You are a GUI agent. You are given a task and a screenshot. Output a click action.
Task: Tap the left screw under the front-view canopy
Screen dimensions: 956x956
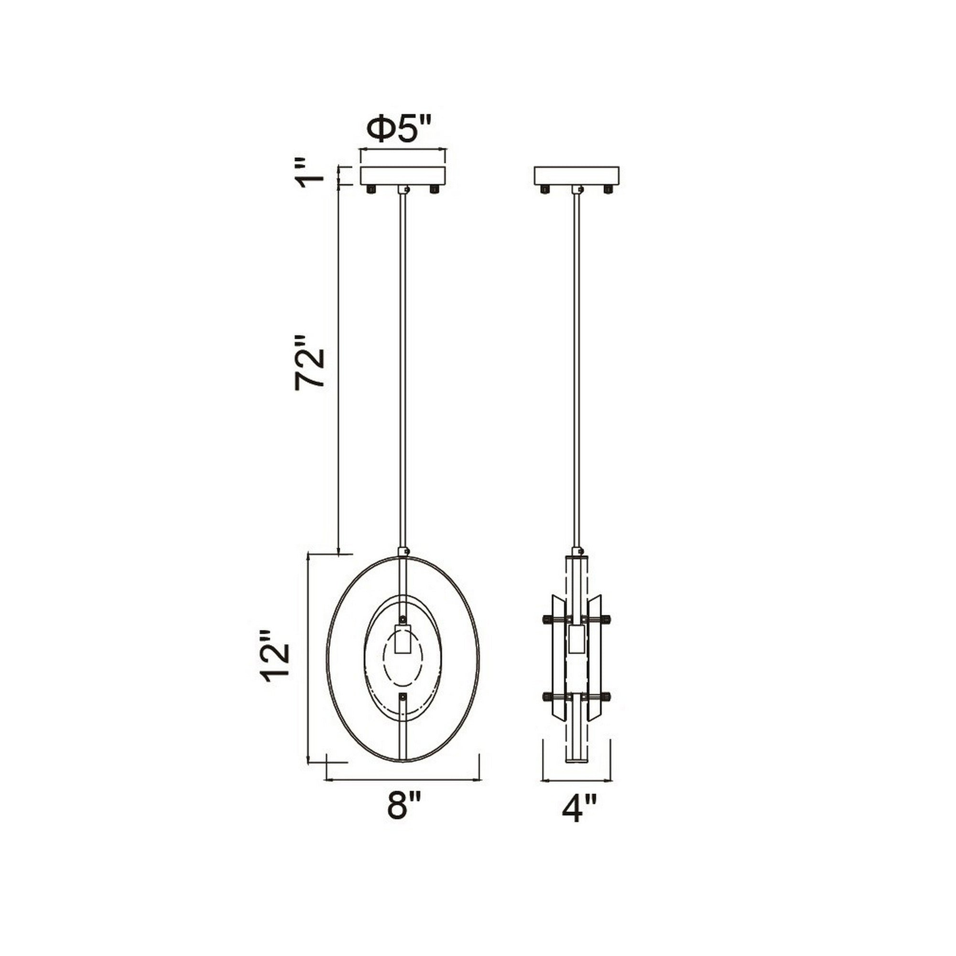click(x=370, y=189)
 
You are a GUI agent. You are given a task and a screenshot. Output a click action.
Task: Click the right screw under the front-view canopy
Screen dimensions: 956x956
click(x=435, y=189)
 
